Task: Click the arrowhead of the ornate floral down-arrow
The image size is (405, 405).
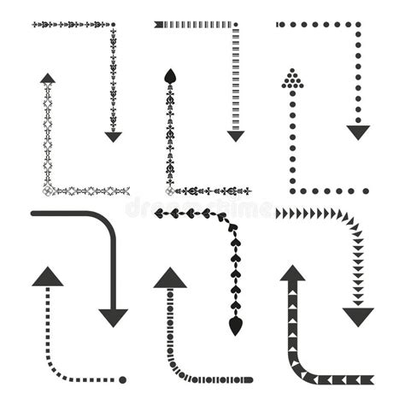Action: pos(113,136)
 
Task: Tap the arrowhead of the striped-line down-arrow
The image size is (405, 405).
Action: pos(236,136)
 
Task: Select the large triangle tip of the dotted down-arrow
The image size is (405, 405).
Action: pos(358,132)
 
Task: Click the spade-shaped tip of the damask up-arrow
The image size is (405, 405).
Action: pos(169,74)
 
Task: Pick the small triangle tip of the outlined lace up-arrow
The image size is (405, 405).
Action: pos(48,78)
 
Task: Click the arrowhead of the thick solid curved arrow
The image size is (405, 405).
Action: pos(113,317)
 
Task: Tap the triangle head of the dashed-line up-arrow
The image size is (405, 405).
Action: pos(48,276)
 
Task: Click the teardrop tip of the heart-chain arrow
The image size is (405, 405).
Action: pos(235,326)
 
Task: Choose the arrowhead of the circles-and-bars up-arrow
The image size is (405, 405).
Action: pos(170,278)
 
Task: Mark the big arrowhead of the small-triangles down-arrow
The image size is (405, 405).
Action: pos(358,317)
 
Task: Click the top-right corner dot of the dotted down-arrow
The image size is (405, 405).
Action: pos(357,25)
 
